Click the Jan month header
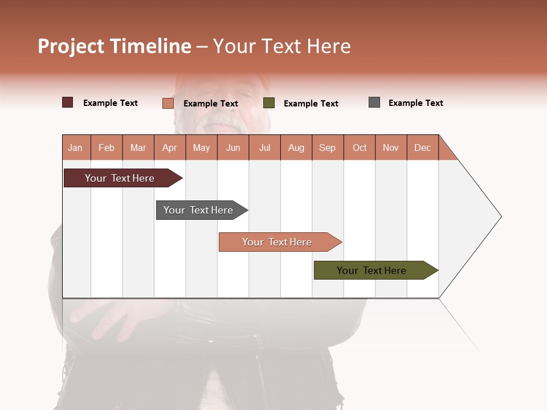76,147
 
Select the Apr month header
170,147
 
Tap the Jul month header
264,147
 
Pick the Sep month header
327,147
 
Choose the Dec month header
422,147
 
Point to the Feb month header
107,147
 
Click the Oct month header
360,147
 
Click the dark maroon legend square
67,102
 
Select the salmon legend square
168,103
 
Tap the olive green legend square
269,103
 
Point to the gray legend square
374,102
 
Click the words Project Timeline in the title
115,46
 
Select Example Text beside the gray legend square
415,103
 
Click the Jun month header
233,147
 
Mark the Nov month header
391,147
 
